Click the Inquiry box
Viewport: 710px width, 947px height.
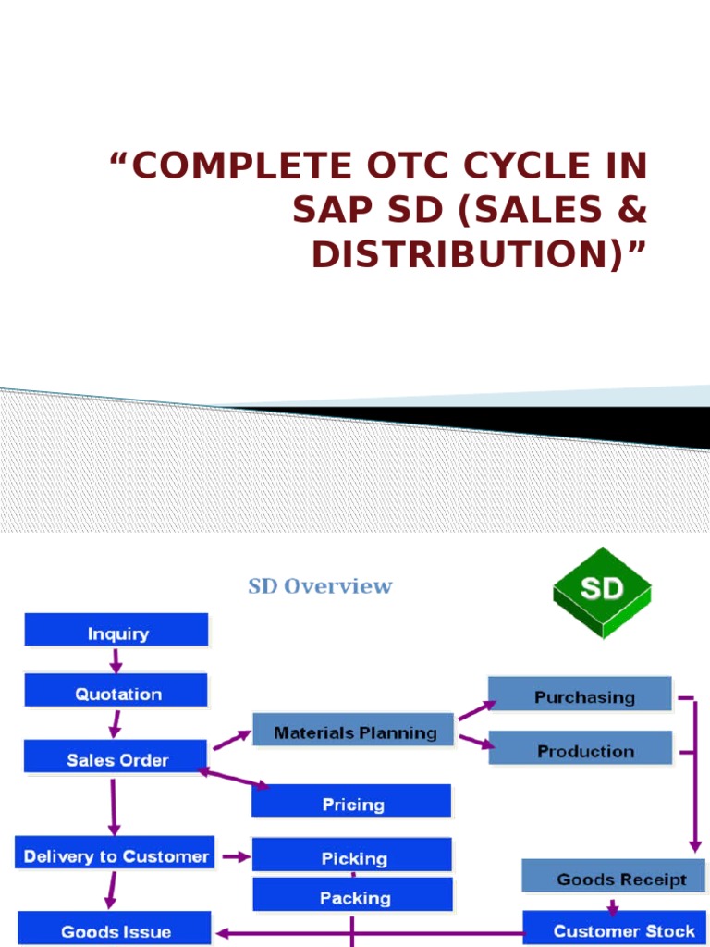(116, 633)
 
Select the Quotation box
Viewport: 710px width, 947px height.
(116, 694)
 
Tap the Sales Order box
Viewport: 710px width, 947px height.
(116, 759)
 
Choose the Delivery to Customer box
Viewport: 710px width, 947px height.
(116, 855)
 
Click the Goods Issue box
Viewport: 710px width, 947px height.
(116, 930)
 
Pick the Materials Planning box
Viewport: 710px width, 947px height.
(354, 732)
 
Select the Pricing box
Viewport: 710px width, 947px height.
(352, 804)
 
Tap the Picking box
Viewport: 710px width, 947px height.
(353, 857)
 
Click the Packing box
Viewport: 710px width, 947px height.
(353, 897)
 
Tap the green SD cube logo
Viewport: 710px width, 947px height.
(602, 592)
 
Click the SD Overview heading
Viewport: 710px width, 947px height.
(320, 586)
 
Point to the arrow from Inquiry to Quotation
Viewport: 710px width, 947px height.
(116, 660)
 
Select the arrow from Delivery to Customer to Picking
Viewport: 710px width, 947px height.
(236, 857)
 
